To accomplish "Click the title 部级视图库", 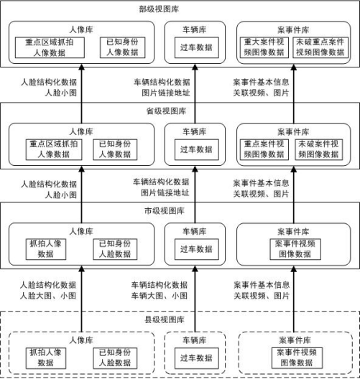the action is (x=159, y=9).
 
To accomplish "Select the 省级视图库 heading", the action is (x=166, y=111).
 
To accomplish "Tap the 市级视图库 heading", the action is (x=165, y=211).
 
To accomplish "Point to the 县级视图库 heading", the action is (x=165, y=319).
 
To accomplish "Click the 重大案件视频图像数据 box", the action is (x=264, y=47).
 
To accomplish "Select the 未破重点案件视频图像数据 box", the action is (x=320, y=47).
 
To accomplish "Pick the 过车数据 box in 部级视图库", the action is (x=197, y=47).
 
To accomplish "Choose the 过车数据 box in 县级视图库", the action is (x=197, y=358).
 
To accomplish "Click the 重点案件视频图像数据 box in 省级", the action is (x=264, y=149).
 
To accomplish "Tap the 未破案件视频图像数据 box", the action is (x=319, y=149).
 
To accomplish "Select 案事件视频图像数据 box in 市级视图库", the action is (x=295, y=249).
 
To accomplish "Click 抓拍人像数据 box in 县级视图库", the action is (x=46, y=358).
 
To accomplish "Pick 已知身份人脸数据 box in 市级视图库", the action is (x=115, y=249).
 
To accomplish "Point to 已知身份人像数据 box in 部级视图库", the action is (x=123, y=47).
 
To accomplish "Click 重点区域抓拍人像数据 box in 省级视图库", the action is (x=54, y=149).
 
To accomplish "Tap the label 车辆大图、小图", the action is (x=160, y=296).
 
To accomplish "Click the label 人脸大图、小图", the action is (x=48, y=296).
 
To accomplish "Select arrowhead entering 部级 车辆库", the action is (x=195, y=67).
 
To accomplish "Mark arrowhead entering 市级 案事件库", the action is (x=294, y=268).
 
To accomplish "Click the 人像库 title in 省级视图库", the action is (x=81, y=131).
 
